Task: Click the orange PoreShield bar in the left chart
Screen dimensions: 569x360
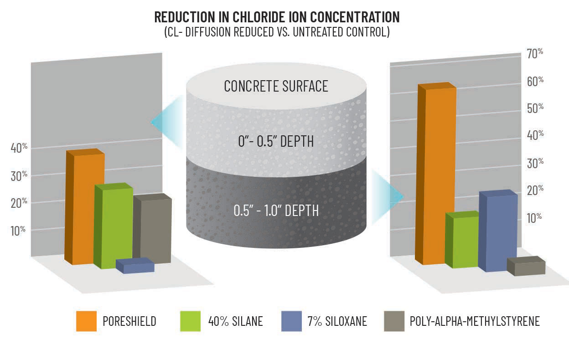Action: click(x=85, y=207)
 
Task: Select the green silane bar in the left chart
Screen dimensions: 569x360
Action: click(x=113, y=226)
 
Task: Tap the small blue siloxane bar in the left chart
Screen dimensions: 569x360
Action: click(x=135, y=266)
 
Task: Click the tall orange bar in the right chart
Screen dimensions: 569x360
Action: click(x=436, y=174)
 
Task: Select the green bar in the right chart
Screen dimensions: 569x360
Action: click(x=462, y=240)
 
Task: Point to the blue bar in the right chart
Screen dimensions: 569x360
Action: click(x=498, y=231)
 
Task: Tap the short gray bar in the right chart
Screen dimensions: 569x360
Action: click(x=526, y=266)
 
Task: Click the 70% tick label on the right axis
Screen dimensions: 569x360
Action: click(x=535, y=54)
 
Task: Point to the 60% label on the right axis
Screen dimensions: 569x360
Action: click(x=535, y=82)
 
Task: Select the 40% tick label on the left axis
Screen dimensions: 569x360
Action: click(x=19, y=148)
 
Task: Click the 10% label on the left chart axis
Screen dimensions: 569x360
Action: click(x=18, y=231)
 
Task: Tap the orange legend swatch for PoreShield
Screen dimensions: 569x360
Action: click(x=86, y=321)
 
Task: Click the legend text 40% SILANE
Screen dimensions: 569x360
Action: click(x=235, y=321)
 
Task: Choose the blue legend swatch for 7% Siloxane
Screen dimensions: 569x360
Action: click(x=291, y=321)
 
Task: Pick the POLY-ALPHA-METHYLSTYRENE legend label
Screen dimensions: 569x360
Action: click(x=475, y=321)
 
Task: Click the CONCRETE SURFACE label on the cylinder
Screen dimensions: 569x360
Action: click(x=276, y=86)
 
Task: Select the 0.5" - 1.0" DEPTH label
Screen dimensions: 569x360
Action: click(x=276, y=211)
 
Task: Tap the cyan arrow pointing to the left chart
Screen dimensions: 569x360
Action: click(x=166, y=122)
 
